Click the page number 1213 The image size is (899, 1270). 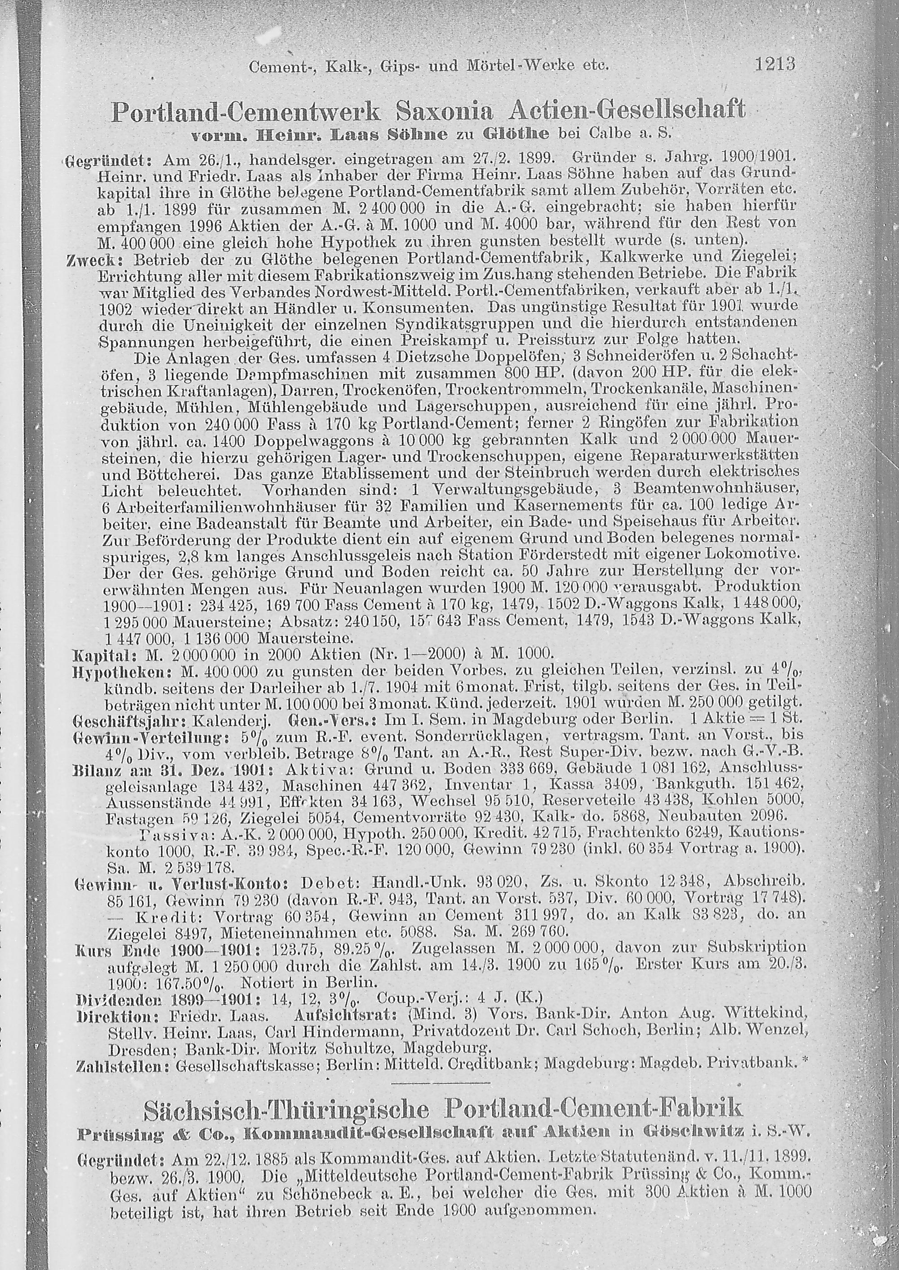(x=774, y=65)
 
